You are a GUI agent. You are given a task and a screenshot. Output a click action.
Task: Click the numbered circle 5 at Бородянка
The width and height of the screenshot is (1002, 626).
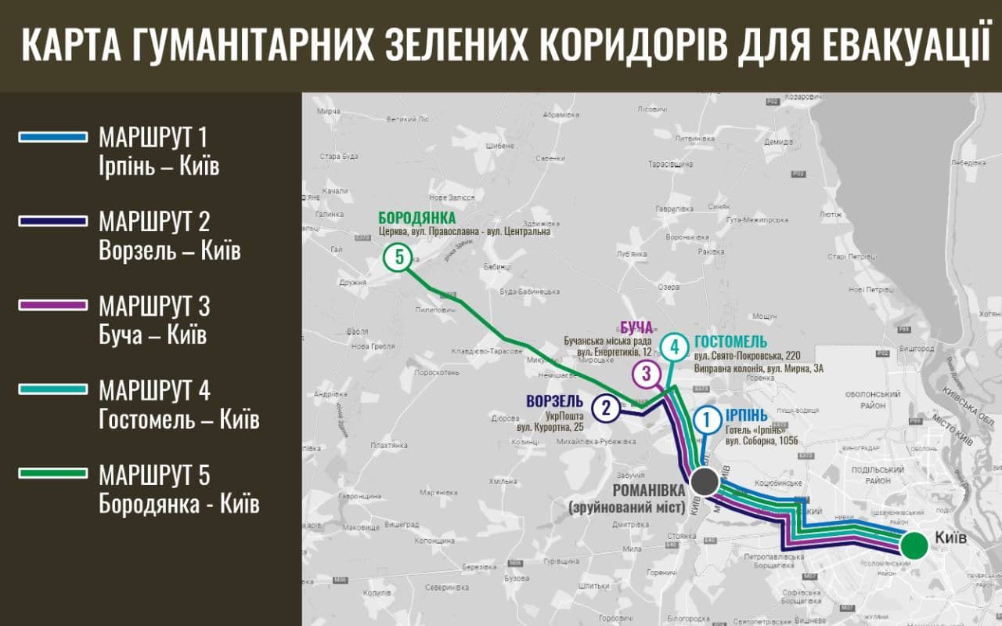click(398, 257)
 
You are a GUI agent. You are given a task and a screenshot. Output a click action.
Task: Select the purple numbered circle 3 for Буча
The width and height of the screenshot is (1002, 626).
click(647, 374)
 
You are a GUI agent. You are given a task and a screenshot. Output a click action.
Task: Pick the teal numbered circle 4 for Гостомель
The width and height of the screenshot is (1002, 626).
click(675, 346)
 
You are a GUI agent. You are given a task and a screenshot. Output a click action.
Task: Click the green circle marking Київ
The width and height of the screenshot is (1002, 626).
click(912, 545)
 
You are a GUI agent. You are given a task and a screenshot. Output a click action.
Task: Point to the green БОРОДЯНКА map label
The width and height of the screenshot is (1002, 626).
click(416, 218)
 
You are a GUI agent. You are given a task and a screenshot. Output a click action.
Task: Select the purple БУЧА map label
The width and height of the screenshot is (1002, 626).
click(636, 327)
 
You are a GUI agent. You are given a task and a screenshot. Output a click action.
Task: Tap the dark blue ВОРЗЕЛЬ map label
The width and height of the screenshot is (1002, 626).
click(555, 401)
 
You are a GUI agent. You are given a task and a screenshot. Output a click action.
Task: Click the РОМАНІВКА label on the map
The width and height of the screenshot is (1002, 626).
click(647, 490)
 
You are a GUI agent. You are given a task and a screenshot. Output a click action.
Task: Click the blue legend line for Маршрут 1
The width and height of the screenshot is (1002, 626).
click(52, 137)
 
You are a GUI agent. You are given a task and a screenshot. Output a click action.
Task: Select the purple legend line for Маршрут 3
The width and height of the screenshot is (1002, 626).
click(52, 305)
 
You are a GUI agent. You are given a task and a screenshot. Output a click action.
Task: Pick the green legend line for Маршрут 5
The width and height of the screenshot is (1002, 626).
click(52, 473)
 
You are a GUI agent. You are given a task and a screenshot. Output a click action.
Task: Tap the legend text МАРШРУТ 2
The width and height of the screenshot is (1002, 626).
click(154, 222)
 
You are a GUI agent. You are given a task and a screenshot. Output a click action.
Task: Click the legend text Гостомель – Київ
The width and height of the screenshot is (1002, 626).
click(179, 420)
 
